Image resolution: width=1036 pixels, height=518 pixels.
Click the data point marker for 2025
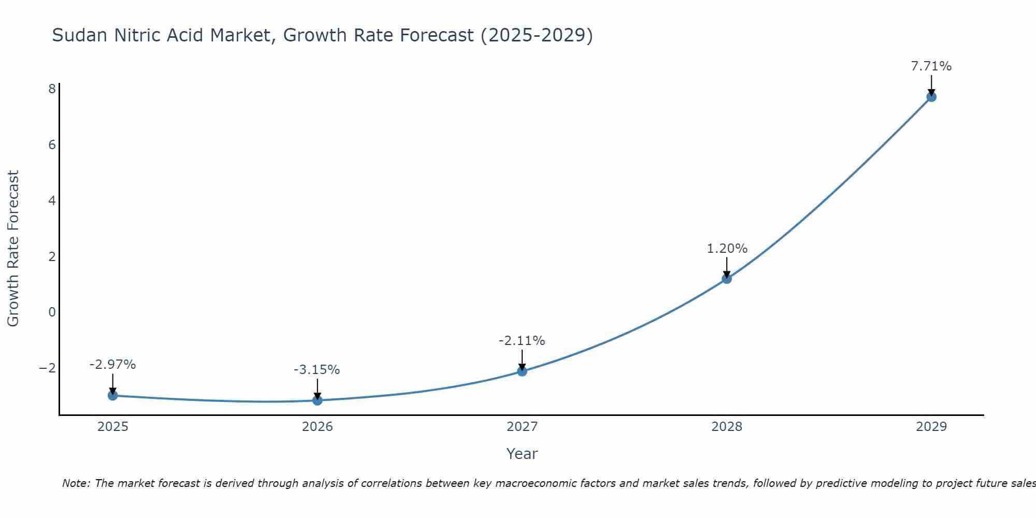point(113,395)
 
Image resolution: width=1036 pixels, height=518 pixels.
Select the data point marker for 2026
point(318,400)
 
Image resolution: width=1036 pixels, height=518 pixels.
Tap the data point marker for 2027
point(522,371)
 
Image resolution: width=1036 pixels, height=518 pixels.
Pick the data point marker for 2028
point(727,279)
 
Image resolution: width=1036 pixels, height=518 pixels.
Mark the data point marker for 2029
point(931,97)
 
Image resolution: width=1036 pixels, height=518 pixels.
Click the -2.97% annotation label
point(112,365)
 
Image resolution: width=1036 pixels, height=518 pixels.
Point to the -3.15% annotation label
point(316,370)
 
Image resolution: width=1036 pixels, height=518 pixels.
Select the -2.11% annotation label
point(522,341)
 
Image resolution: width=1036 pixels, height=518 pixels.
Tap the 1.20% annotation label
point(727,249)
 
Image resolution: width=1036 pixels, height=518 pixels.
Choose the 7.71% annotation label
point(931,66)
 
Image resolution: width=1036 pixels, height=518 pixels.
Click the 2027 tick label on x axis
point(522,427)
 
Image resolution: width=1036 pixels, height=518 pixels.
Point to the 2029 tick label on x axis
point(931,427)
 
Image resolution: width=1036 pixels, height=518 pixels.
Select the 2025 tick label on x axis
point(113,427)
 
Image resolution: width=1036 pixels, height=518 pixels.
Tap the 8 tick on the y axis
point(52,89)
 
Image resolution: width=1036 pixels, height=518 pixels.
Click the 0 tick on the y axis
point(52,312)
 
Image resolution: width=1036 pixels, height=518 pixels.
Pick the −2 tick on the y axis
point(48,368)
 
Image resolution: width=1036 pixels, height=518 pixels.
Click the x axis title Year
point(522,454)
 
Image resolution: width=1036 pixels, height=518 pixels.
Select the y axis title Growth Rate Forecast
point(13,249)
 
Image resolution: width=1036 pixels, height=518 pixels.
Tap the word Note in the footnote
point(76,483)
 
